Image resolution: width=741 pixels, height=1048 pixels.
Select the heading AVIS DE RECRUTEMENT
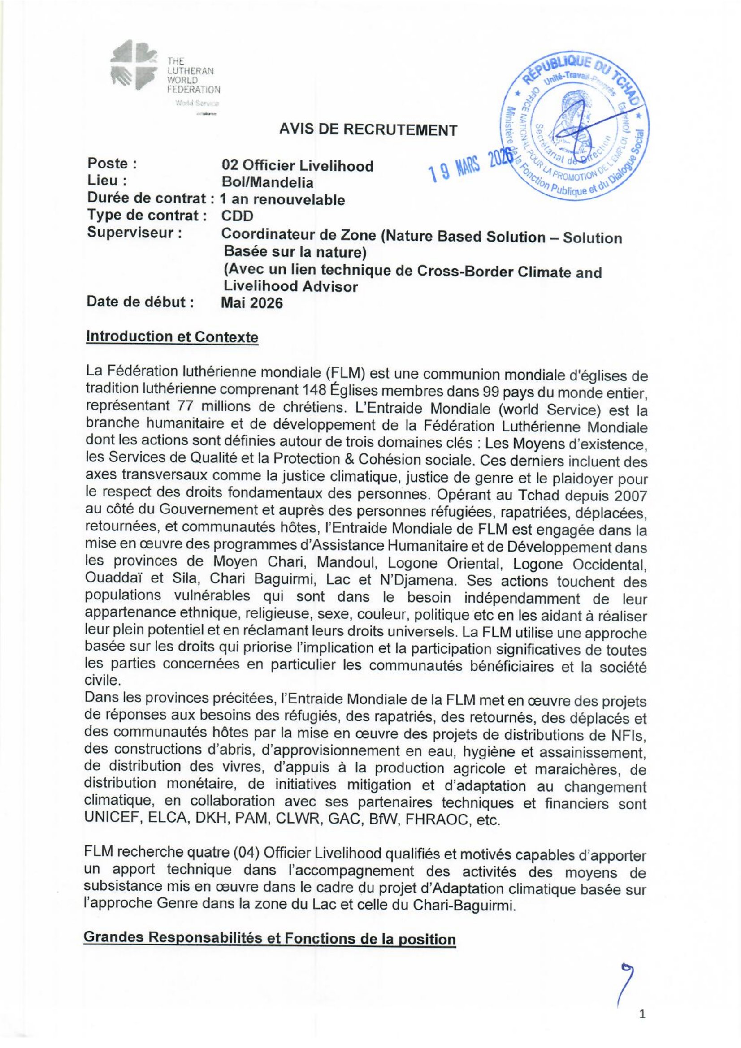[368, 130]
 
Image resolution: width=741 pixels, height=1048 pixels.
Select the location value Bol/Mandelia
[268, 182]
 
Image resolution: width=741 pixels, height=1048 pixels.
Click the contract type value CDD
[237, 216]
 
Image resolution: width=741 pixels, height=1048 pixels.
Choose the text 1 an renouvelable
[282, 199]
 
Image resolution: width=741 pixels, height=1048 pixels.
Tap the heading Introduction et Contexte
[172, 338]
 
